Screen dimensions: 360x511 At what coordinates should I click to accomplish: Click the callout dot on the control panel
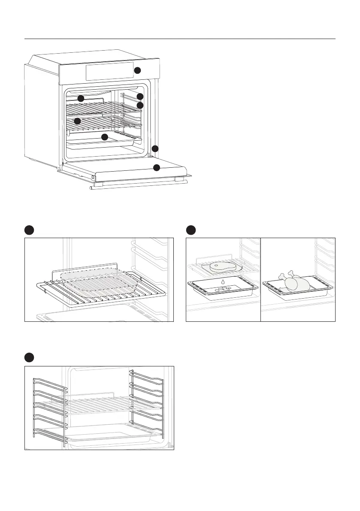click(x=137, y=70)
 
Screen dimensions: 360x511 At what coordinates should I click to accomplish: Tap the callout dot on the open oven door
click(x=157, y=167)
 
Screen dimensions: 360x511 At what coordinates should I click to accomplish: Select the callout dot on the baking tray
click(x=104, y=137)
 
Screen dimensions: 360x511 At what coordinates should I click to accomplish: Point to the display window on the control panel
click(x=109, y=71)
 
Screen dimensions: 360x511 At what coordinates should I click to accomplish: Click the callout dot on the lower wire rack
click(x=78, y=121)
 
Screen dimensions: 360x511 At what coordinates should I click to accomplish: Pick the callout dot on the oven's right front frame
click(x=155, y=148)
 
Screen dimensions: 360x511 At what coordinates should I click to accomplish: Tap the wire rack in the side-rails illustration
click(x=99, y=405)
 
